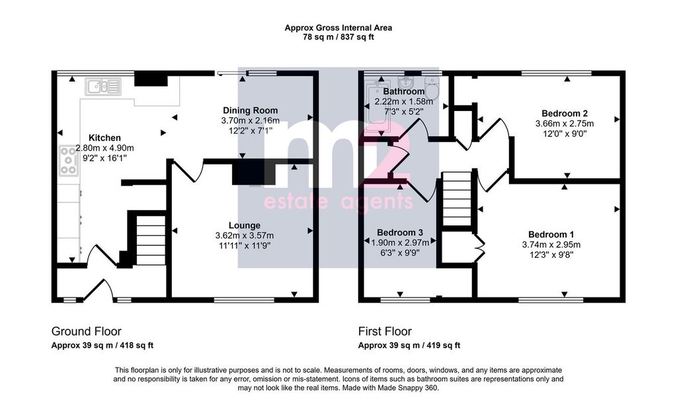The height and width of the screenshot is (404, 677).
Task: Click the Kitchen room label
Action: [104, 138]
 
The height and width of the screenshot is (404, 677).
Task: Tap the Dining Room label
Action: [251, 110]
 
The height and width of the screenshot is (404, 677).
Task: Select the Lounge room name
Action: [245, 225]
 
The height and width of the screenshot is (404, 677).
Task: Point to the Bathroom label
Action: [404, 91]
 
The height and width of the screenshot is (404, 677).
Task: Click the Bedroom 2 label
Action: [565, 114]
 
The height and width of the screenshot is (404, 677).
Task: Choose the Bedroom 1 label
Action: [551, 234]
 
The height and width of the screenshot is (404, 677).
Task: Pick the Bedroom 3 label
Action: [400, 232]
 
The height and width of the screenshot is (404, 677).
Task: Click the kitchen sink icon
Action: [102, 87]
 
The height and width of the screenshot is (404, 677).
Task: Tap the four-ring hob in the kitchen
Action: [68, 161]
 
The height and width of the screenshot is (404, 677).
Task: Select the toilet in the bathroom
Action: [432, 88]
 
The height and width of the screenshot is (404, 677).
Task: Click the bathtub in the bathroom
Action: [378, 105]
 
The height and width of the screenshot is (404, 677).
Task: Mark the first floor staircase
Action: [458, 198]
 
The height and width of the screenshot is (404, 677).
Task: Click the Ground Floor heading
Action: [87, 331]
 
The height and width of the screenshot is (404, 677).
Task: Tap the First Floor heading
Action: [385, 331]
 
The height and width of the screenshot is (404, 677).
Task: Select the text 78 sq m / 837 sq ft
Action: [338, 37]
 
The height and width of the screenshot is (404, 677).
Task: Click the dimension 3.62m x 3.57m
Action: [245, 235]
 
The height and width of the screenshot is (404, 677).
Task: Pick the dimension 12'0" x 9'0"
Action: [565, 134]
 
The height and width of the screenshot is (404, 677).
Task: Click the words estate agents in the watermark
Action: [338, 202]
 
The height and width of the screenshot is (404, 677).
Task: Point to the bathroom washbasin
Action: [407, 82]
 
